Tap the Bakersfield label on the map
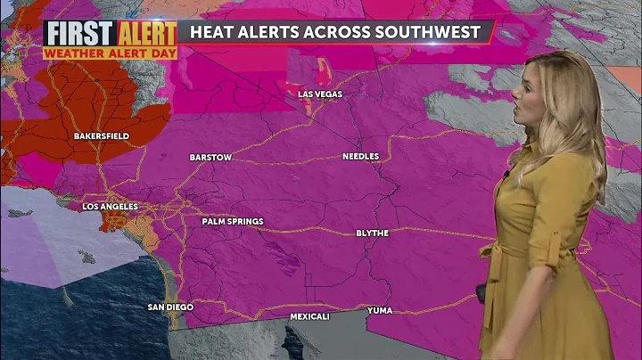point(101,135)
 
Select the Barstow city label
point(210,158)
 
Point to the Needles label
point(361,157)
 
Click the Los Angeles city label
point(111,207)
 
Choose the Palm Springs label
point(233,221)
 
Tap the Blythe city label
point(373,233)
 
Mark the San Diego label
point(170,307)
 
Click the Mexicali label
point(309,316)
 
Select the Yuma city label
point(380,310)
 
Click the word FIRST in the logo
point(78,34)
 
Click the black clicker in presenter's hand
point(481,292)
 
